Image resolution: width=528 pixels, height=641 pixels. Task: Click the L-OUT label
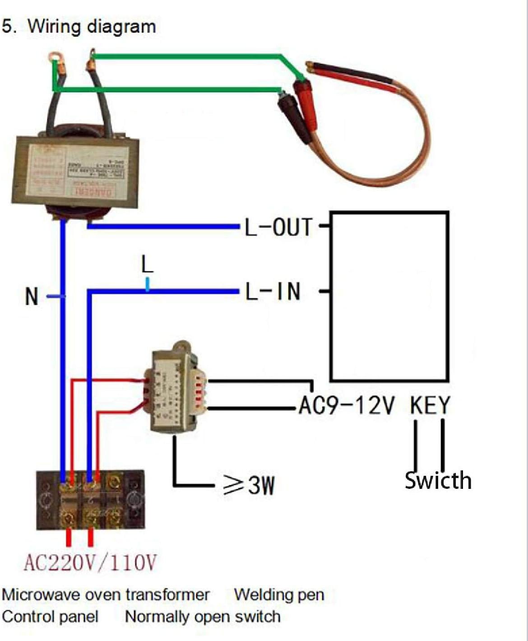(x=278, y=227)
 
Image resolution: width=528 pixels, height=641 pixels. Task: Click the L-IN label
(x=273, y=292)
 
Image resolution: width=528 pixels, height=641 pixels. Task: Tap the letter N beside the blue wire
(x=32, y=297)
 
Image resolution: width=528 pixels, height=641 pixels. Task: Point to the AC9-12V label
(x=347, y=405)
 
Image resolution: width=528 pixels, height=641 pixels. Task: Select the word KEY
(x=430, y=405)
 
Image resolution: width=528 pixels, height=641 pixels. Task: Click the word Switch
(x=438, y=480)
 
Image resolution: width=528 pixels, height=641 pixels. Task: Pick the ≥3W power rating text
(x=249, y=485)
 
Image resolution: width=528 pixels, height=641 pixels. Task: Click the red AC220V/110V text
(x=90, y=563)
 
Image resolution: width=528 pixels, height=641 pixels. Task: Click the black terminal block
(x=90, y=500)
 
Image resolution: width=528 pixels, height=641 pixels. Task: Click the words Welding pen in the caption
(x=279, y=595)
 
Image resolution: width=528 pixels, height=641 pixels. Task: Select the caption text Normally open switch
(x=203, y=617)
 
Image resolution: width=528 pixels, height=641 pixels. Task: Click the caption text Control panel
(x=50, y=617)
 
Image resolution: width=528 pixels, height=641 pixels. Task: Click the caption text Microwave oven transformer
(x=106, y=595)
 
